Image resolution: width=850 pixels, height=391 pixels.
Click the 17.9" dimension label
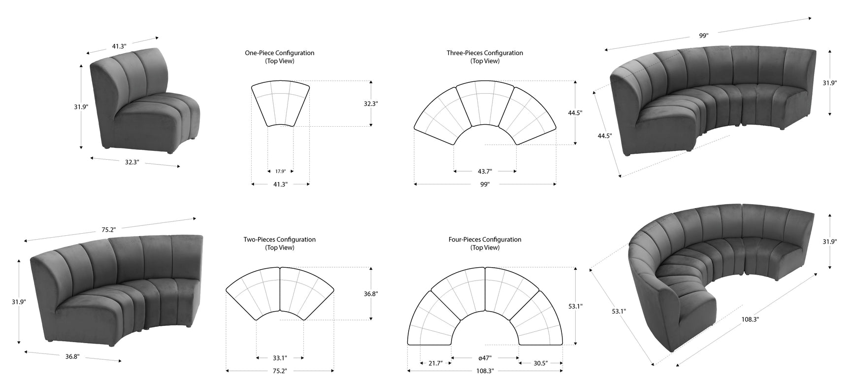coord(280,172)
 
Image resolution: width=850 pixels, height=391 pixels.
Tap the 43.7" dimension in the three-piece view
coord(485,172)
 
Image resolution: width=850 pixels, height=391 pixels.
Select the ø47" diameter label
coord(485,358)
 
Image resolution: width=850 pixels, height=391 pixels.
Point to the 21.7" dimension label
coord(435,363)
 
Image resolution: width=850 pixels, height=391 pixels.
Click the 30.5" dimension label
coord(540,363)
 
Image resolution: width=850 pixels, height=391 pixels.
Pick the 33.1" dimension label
coord(280,358)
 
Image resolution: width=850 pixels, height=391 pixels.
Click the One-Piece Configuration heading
coord(280,53)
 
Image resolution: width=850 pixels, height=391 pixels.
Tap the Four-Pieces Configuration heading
coord(485,240)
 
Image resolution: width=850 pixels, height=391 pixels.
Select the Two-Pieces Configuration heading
coord(280,240)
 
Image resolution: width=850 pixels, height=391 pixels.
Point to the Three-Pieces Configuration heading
coord(485,53)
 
